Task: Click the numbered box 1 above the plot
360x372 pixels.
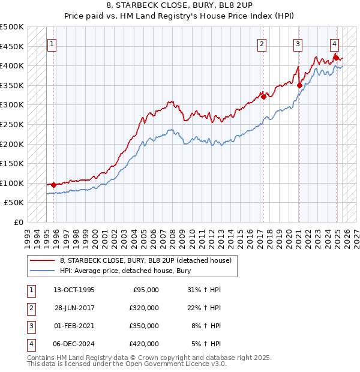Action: (x=52, y=43)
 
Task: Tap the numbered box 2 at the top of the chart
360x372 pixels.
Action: (x=262, y=43)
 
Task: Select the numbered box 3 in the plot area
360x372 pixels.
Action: (x=298, y=43)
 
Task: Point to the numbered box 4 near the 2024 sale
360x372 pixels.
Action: (x=334, y=43)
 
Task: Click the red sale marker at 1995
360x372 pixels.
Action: (x=54, y=185)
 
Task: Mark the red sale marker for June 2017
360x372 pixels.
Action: (x=263, y=97)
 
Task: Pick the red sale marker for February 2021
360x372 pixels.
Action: (x=299, y=85)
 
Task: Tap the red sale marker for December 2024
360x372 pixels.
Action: (x=336, y=58)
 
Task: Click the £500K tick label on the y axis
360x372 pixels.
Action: (x=12, y=27)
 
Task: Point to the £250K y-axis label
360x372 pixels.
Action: (x=12, y=124)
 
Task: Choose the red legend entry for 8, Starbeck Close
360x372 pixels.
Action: (x=149, y=260)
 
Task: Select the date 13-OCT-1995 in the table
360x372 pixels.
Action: (x=73, y=290)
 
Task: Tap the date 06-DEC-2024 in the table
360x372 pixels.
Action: (x=73, y=344)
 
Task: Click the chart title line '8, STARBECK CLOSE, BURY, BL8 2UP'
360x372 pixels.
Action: (x=179, y=7)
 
